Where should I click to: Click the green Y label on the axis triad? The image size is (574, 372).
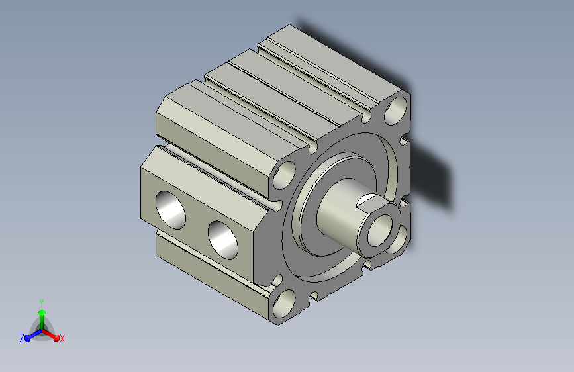[42, 302]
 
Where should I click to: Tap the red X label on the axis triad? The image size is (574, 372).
[62, 338]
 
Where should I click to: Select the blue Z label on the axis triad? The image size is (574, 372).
[22, 338]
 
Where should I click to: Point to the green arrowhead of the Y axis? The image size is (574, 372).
[42, 312]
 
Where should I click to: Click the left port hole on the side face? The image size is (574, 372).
[171, 210]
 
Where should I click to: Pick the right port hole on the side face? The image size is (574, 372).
[223, 240]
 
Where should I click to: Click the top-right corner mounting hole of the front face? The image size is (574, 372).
[395, 109]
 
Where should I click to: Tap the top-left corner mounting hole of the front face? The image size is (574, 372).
[285, 175]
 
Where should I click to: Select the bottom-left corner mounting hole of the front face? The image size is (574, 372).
[285, 304]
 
